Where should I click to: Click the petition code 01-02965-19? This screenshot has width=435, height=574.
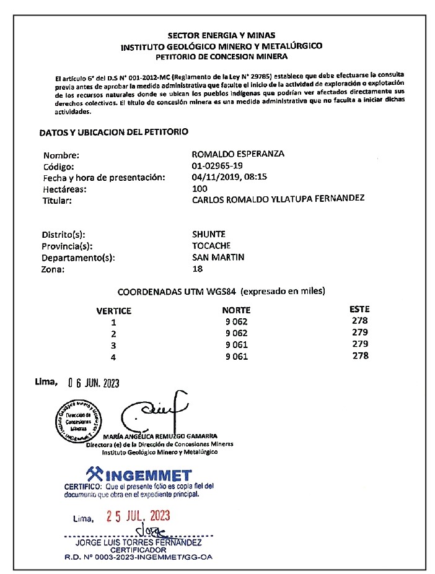pos(217,167)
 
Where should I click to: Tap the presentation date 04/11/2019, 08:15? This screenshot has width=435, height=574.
pos(229,177)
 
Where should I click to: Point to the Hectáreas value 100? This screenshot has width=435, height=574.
pos(200,188)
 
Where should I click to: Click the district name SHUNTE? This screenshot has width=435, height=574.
pos(209,235)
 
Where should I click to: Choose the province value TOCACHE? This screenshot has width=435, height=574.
pos(212,246)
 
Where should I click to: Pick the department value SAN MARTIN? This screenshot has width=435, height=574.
pos(218,257)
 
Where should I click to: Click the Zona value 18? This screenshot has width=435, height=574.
pos(198,269)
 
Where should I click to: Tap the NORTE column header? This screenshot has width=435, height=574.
pos(236,310)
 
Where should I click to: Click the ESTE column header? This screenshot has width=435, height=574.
pos(359,309)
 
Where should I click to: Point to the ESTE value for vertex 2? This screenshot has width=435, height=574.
pos(359,333)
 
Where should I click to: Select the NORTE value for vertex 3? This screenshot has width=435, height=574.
pos(236,344)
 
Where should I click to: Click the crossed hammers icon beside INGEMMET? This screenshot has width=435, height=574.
pos(94,474)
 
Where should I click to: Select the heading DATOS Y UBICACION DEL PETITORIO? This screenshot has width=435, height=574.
pos(113,133)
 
